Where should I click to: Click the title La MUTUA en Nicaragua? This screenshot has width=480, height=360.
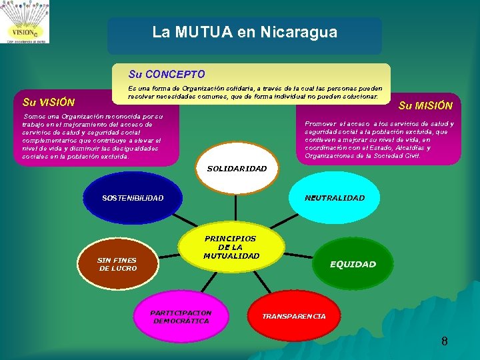point(245,32)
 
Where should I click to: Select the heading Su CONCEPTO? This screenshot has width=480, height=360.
point(167,74)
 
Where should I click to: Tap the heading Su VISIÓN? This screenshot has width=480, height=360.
point(48,103)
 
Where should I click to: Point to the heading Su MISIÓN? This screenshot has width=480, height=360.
point(425,105)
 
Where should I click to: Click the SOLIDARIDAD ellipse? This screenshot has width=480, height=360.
point(237,169)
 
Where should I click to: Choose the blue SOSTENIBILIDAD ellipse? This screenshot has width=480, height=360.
point(132,198)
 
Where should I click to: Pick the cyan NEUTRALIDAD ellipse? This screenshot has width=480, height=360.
point(334,198)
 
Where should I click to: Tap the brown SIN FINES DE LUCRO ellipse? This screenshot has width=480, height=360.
point(117,264)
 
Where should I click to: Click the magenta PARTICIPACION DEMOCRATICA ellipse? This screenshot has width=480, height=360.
point(181,316)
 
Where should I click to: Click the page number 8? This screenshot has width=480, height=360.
point(444,342)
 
